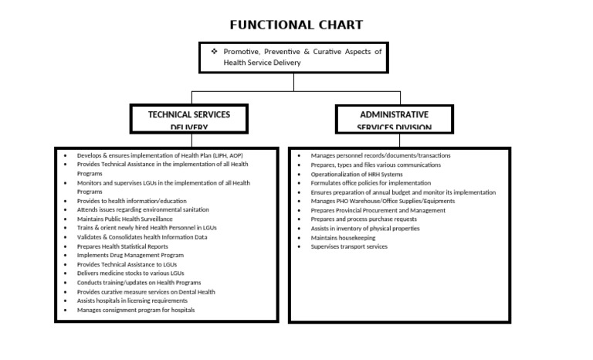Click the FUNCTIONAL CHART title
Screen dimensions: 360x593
pyautogui.click(x=296, y=25)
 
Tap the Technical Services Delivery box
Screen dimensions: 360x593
pyautogui.click(x=189, y=120)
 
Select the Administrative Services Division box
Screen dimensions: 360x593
pyautogui.click(x=394, y=120)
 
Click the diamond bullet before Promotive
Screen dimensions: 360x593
pyautogui.click(x=215, y=51)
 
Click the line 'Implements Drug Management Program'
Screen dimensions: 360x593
pyautogui.click(x=130, y=255)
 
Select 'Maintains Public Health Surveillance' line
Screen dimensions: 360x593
pyautogui.click(x=125, y=219)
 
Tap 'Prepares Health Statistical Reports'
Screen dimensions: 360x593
pyautogui.click(x=122, y=246)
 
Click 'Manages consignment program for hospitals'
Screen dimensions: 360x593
pyautogui.click(x=136, y=310)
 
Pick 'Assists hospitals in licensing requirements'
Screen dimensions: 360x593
pyautogui.click(x=132, y=301)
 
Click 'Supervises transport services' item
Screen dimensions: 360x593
pyautogui.click(x=349, y=246)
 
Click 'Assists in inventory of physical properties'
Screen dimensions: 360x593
pyautogui.click(x=365, y=228)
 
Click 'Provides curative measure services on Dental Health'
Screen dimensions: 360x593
pyautogui.click(x=146, y=292)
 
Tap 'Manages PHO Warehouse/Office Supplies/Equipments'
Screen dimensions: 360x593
pyautogui.click(x=383, y=201)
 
